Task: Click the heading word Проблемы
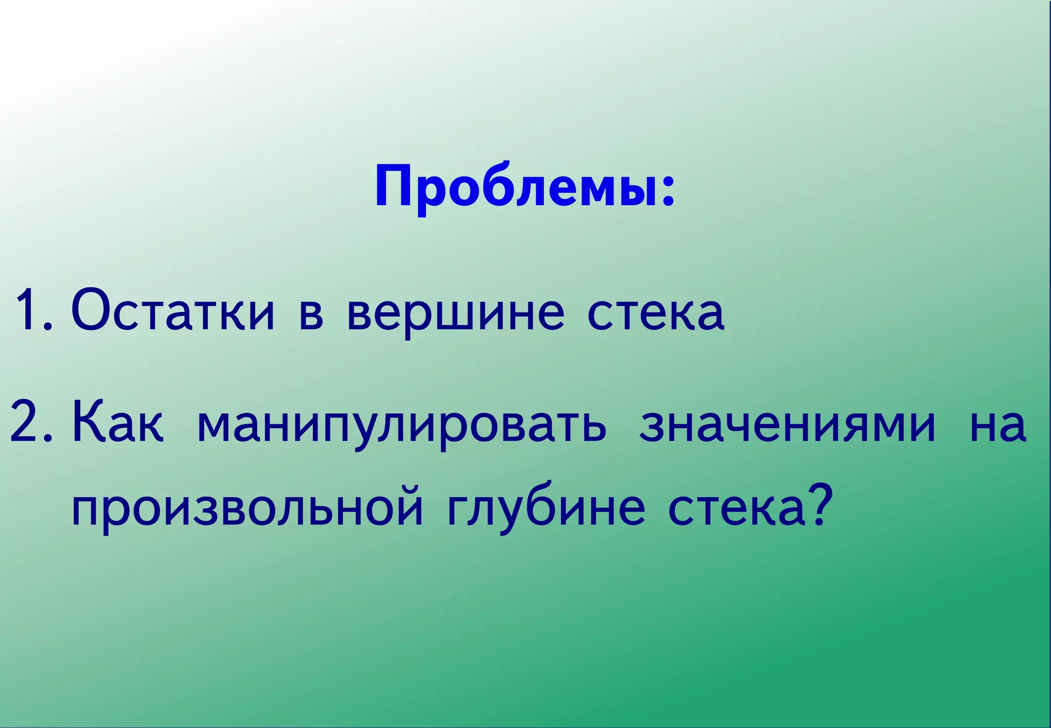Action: point(516,186)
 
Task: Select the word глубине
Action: point(546,508)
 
